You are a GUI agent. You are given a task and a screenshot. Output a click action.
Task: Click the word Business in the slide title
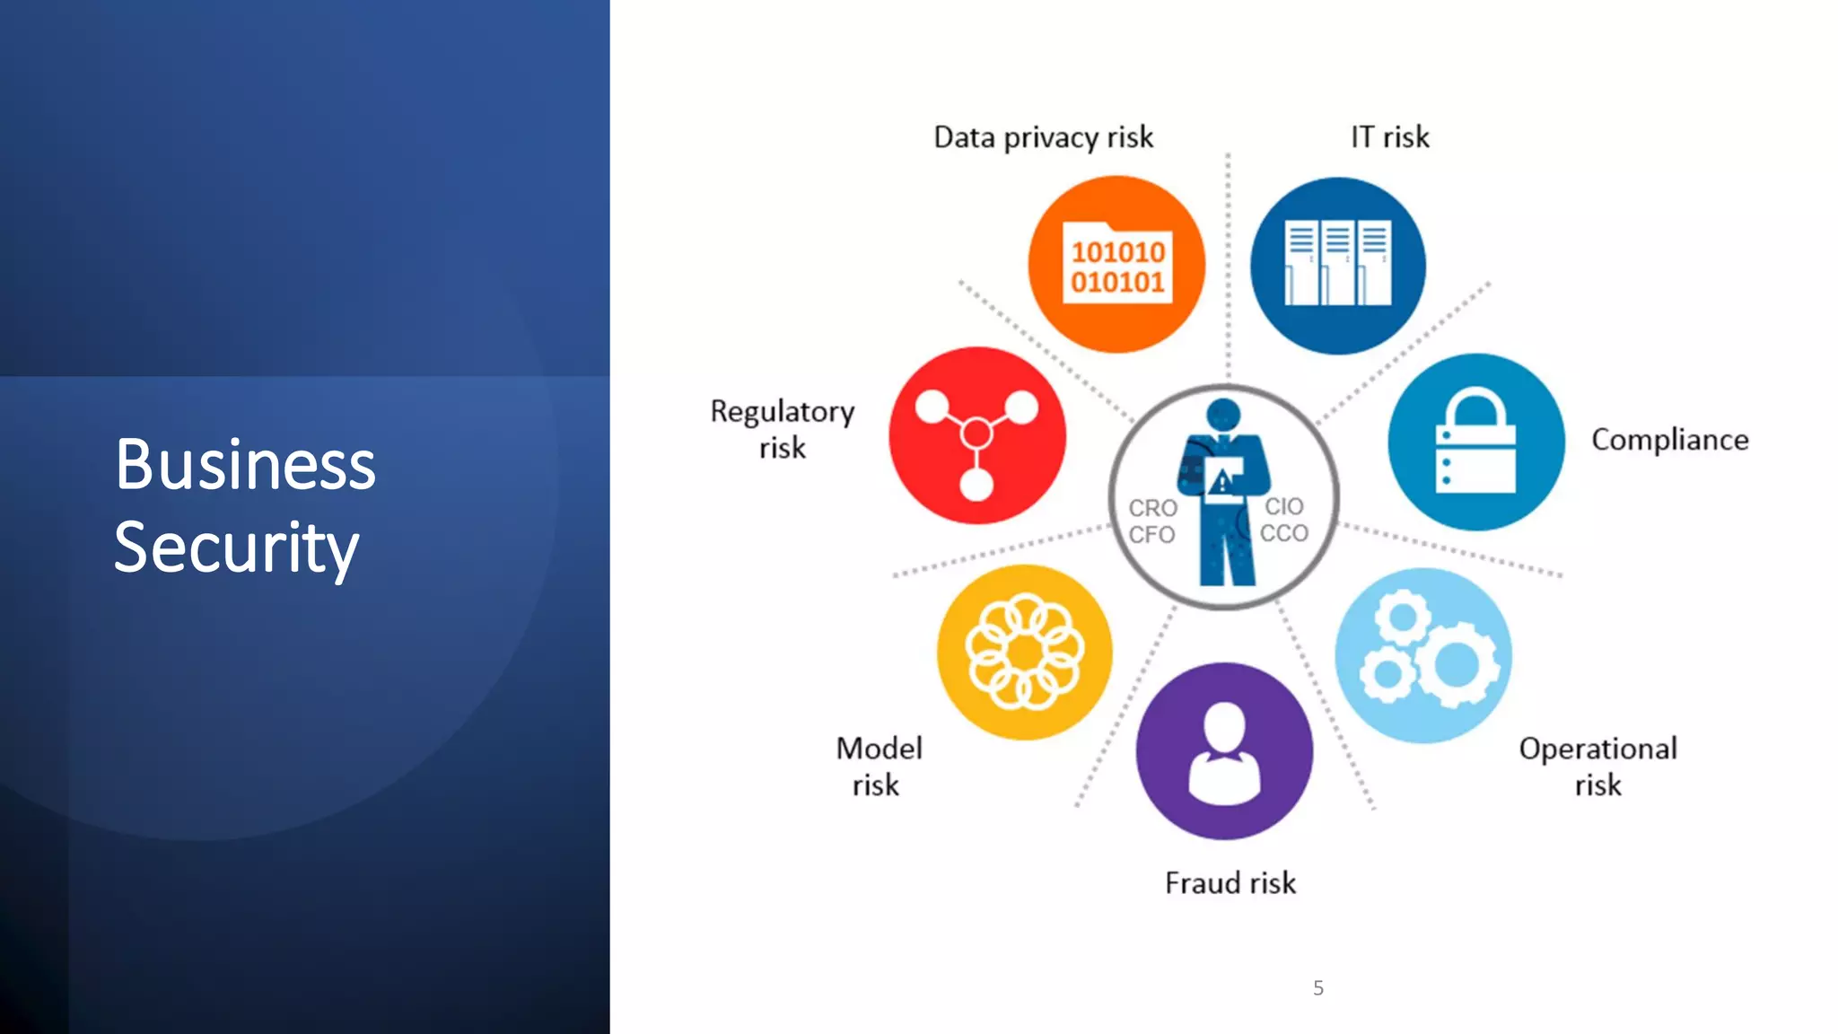tap(245, 465)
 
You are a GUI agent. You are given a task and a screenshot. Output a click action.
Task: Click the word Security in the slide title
tap(236, 548)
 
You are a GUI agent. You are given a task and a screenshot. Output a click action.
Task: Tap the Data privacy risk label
tap(1043, 137)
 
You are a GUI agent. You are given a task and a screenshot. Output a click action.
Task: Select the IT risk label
tap(1389, 137)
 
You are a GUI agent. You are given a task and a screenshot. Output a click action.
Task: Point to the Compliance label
tap(1669, 440)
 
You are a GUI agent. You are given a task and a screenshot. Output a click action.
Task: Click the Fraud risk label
tap(1230, 883)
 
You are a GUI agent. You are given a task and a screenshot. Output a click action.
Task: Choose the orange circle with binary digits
tap(1116, 265)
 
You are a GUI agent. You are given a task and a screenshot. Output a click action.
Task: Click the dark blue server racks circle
tap(1337, 266)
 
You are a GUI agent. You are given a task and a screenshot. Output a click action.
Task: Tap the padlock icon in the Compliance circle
tap(1475, 442)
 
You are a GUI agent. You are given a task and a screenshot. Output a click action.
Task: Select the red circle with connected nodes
tap(976, 436)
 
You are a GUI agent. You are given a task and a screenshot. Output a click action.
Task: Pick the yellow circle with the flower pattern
tap(1024, 653)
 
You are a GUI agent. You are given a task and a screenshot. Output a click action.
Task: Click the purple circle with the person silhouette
tap(1224, 751)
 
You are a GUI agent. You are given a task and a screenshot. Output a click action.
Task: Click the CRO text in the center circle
tap(1152, 508)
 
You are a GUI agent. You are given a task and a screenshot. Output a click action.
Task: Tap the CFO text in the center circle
tap(1151, 535)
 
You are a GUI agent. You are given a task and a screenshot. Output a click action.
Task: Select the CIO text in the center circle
tap(1284, 506)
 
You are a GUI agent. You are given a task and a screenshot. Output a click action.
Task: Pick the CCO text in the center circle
tap(1284, 533)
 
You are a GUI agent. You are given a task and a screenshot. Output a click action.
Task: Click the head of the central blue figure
tap(1223, 415)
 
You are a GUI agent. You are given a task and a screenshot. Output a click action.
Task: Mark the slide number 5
tap(1317, 988)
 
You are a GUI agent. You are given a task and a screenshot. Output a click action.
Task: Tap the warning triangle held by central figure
tap(1221, 484)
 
